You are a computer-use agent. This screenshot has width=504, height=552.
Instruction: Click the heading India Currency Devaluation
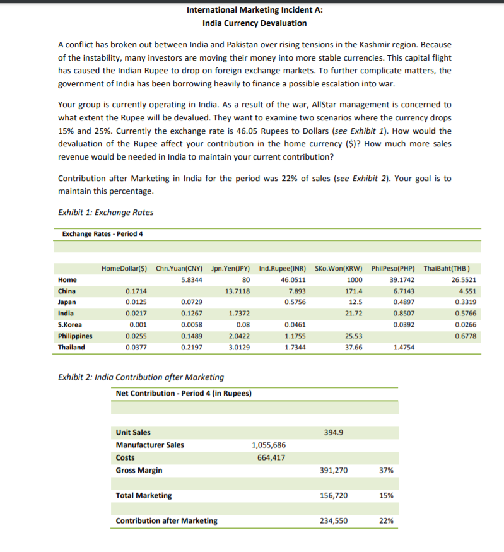254,23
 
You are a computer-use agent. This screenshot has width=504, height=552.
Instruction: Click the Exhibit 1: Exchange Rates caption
105,212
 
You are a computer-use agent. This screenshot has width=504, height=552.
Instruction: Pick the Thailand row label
72,347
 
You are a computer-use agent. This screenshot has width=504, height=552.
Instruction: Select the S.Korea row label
71,324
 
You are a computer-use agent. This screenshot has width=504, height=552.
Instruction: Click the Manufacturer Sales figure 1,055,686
269,445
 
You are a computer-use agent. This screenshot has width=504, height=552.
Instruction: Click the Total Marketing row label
144,495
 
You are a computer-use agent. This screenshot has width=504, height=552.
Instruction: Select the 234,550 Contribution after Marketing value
334,520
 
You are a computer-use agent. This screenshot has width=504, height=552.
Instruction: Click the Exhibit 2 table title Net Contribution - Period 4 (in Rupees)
184,393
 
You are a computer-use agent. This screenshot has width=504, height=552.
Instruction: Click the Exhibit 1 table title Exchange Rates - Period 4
103,234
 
